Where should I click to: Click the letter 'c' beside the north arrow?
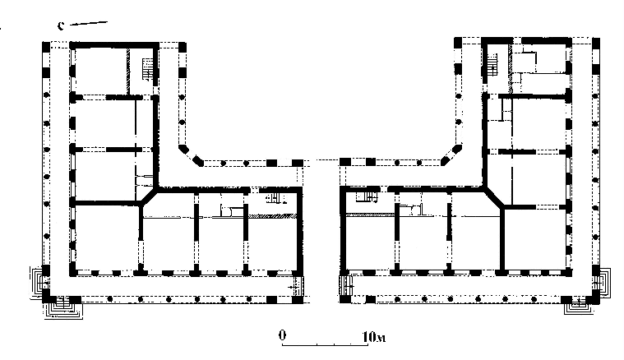[61, 25]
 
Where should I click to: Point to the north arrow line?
[89, 24]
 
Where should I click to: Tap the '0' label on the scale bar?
[282, 335]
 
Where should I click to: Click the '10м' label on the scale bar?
[374, 337]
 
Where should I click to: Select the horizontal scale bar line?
[325, 344]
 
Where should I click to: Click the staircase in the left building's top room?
[148, 70]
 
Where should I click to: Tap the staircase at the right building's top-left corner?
[492, 64]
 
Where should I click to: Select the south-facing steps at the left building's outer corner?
[62, 308]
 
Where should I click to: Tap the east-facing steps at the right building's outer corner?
[602, 283]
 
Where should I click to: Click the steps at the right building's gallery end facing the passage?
[345, 284]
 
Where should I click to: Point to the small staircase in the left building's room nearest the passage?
[275, 198]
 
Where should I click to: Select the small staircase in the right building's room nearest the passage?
[367, 197]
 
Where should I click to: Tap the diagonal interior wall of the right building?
[494, 198]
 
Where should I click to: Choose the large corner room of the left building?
[107, 238]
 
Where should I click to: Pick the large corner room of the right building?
[535, 238]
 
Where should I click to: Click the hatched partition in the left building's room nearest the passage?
[273, 216]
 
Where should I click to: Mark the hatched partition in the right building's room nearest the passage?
[370, 215]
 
